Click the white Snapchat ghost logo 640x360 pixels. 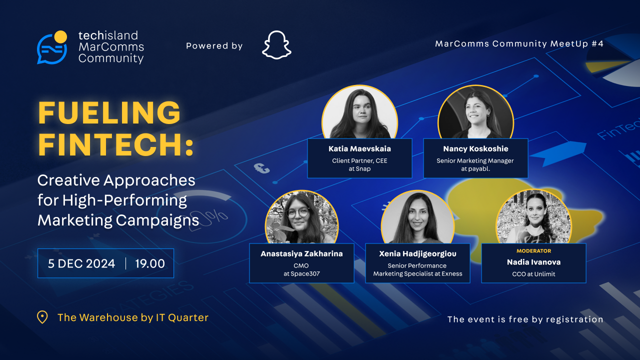[276, 45]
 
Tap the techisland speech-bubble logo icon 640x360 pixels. [52, 47]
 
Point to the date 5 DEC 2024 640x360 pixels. [81, 263]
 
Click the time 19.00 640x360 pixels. [150, 263]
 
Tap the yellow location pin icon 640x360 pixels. [42, 317]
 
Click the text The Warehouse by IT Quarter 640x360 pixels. [133, 317]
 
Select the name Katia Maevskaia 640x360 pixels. [359, 148]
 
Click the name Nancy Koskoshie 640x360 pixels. [475, 148]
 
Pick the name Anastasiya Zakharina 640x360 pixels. [301, 253]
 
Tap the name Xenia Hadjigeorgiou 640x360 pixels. [417, 253]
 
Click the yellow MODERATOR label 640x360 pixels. [533, 250]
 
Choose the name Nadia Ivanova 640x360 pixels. [533, 261]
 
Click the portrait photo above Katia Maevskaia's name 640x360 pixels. [359, 114]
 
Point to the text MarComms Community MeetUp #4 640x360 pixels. [519, 43]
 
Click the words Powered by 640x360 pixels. [214, 46]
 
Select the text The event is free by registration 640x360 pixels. [525, 319]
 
